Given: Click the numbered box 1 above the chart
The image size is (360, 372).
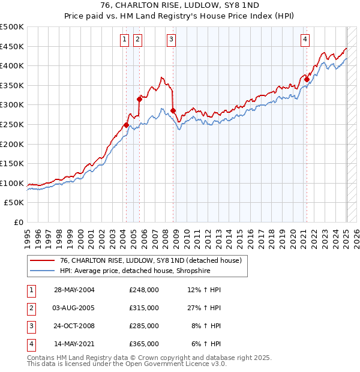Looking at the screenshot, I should pos(124,40).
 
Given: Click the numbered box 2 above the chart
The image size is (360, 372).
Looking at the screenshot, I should pos(137,40).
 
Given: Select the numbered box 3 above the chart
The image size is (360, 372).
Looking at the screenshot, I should pos(171,40).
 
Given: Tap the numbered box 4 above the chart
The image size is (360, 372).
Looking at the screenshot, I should pos(305,40).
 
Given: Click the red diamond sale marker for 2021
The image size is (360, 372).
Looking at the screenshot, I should pos(307,79).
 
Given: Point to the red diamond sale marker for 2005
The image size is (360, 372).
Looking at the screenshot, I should pos(139,99).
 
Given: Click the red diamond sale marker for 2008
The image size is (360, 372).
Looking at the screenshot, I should pos(173,110).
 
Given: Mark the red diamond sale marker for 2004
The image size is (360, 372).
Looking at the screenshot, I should pos(127,125).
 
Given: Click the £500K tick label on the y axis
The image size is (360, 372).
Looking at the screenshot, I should pos(12,27).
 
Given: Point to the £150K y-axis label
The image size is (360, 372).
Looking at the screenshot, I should pos(12,163).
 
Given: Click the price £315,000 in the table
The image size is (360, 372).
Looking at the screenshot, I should pos(144,307).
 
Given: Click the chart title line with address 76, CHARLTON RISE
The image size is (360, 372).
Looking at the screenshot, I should pos(180,7).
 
